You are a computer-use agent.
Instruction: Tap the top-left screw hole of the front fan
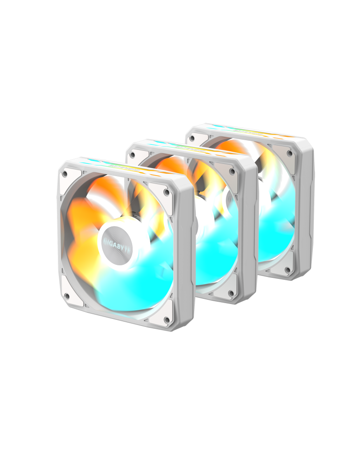pyautogui.click(x=65, y=174)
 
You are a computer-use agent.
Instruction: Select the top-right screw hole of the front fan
pyautogui.click(x=166, y=191)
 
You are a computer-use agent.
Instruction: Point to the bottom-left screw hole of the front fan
pyautogui.click(x=66, y=296)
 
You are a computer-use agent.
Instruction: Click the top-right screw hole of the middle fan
pyautogui.click(x=232, y=171)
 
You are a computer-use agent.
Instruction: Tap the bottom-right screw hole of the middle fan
pyautogui.click(x=231, y=293)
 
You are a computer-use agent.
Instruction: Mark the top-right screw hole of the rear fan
pyautogui.click(x=289, y=153)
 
